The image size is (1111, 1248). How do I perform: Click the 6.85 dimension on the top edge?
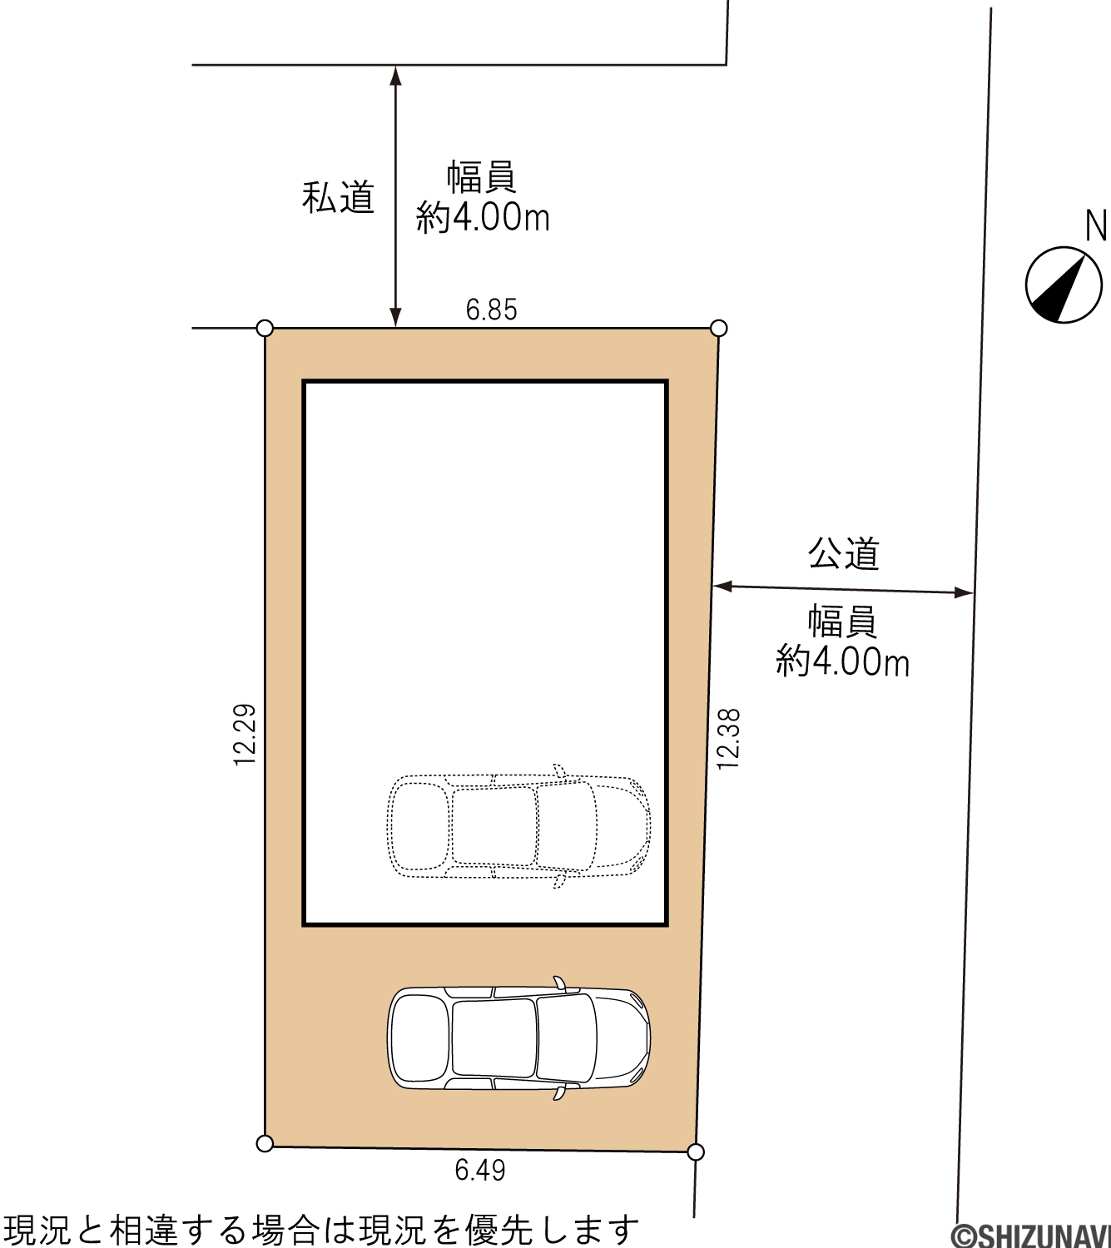pos(491,310)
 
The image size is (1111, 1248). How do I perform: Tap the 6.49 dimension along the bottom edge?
pos(480,1170)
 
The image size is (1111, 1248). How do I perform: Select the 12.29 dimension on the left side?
pos(245,735)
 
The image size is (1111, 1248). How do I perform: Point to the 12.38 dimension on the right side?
pos(727,739)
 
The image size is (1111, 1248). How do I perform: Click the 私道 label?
pos(338,197)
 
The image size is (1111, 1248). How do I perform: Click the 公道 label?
pos(843,553)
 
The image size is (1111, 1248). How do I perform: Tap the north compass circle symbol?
pos(1064,285)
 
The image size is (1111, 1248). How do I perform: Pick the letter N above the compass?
pos(1096,226)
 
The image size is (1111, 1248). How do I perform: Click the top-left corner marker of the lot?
pos(265,328)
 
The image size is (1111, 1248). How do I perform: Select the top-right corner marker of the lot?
pos(718,328)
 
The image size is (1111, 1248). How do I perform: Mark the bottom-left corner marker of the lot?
pos(265,1143)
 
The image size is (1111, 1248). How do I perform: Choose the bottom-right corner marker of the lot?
pos(695,1151)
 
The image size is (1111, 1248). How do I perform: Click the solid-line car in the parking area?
pos(518,1038)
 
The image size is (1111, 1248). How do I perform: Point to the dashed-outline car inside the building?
pos(518,826)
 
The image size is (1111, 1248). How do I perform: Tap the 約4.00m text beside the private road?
pos(483,217)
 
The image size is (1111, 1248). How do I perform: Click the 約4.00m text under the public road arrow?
pos(842,662)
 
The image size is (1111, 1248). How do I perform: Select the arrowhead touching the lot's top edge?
pos(396,318)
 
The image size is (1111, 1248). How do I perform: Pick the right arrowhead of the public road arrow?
pos(963,592)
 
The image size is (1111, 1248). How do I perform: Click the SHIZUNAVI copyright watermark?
pos(1030,1235)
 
